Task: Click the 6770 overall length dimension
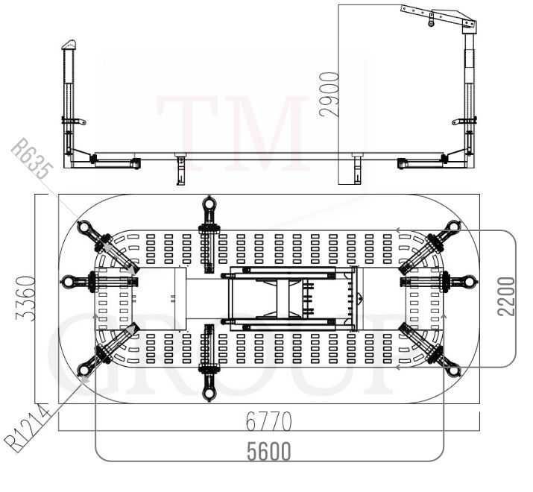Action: (x=269, y=421)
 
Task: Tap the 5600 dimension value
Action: (x=269, y=451)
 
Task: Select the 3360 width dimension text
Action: (x=26, y=298)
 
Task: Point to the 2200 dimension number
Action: (x=506, y=297)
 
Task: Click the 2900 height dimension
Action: (x=329, y=95)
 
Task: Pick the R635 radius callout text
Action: (x=32, y=159)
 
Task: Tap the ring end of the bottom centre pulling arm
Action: (x=209, y=394)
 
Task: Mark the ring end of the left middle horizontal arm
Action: (x=68, y=282)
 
